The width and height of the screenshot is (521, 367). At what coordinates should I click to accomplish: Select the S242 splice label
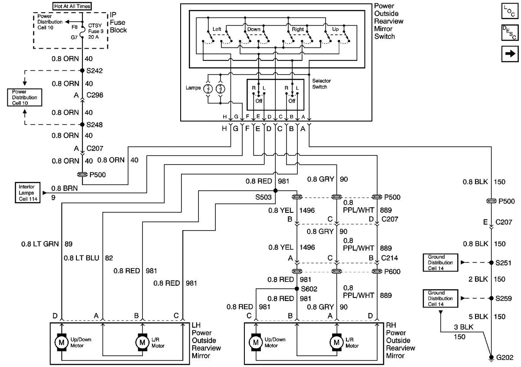tap(94, 70)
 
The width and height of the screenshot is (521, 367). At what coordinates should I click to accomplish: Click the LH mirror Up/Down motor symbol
tap(59, 342)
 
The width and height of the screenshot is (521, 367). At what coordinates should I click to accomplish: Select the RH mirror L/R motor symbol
tap(336, 342)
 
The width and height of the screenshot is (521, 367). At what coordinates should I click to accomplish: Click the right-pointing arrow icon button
tap(510, 54)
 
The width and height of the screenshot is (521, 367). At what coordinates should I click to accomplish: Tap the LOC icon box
tap(510, 11)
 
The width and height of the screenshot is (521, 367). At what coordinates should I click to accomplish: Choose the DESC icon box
tap(510, 33)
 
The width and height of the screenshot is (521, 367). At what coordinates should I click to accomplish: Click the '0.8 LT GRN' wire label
tap(41, 244)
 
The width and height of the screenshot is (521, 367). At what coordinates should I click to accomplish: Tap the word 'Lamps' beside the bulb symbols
tap(192, 88)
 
